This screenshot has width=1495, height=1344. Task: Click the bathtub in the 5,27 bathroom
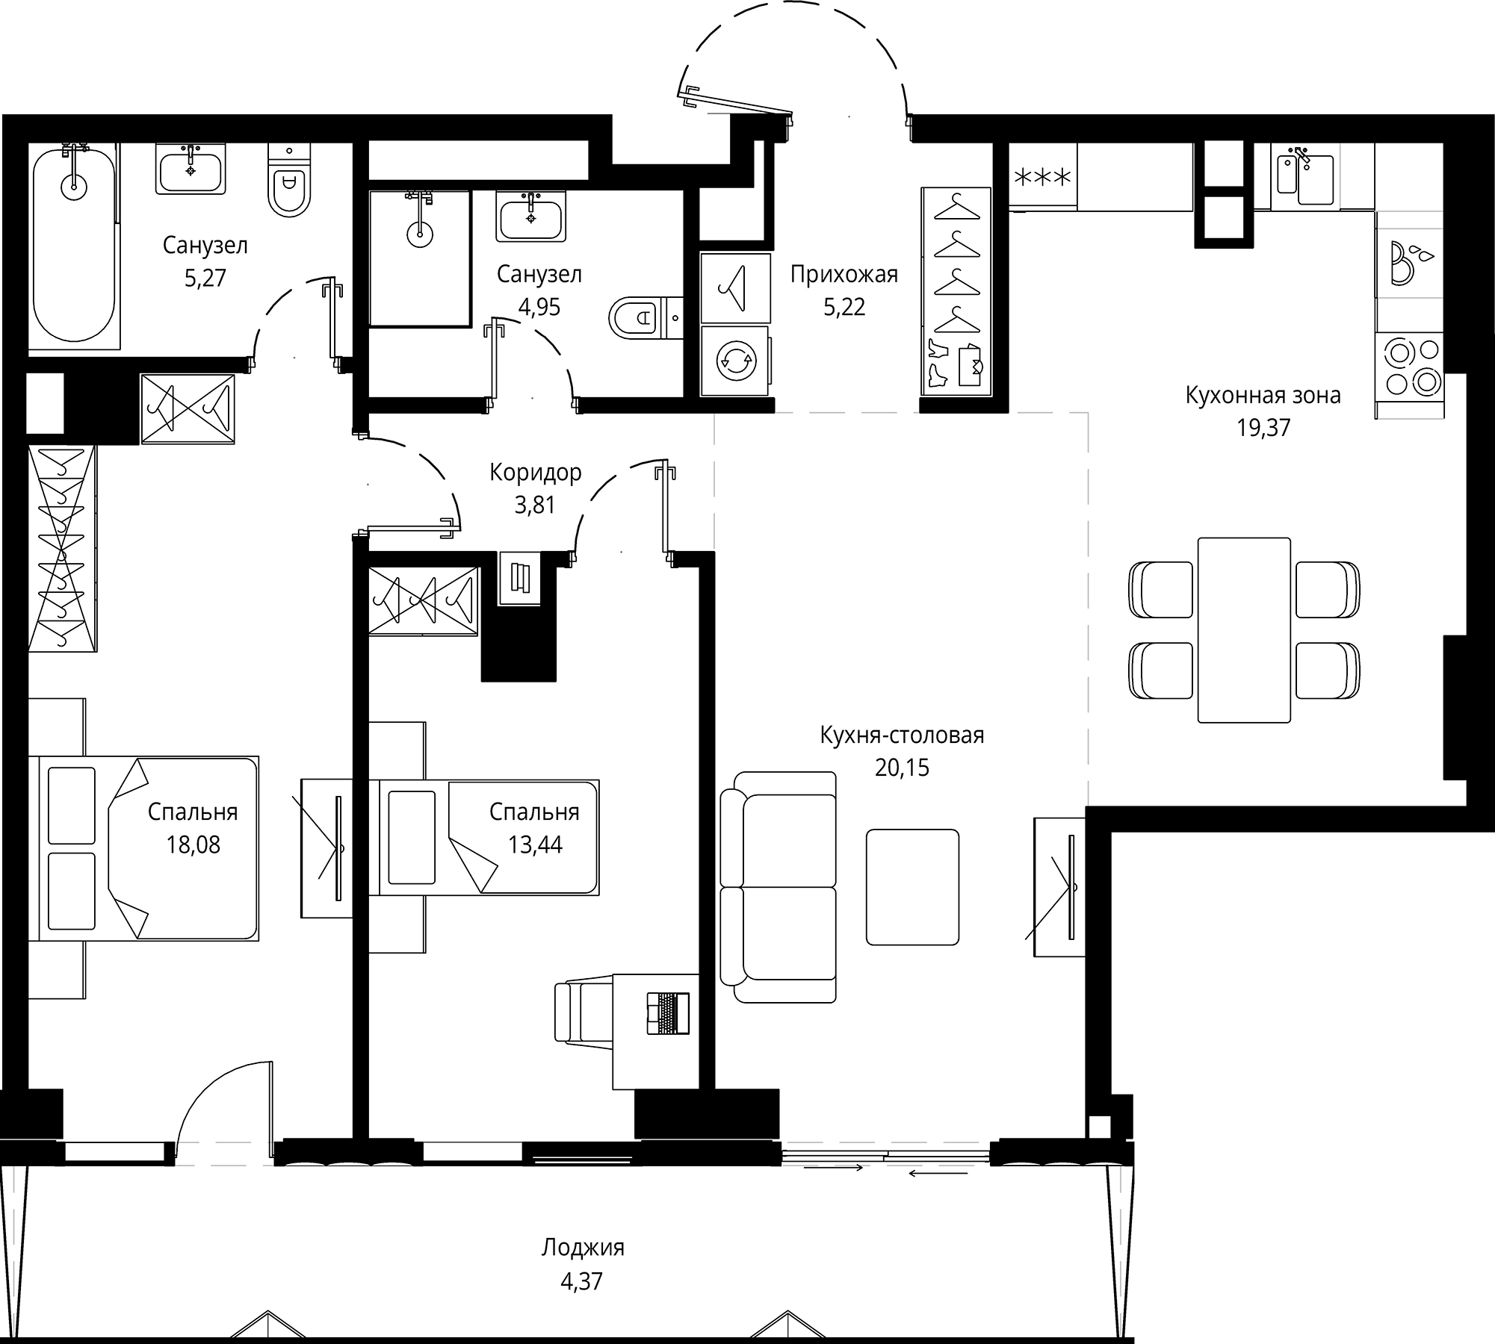pos(73,246)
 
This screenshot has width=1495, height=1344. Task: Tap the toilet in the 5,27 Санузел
pos(288,183)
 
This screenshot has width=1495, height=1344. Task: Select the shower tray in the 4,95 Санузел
pos(420,258)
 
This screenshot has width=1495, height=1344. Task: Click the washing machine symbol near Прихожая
pos(735,361)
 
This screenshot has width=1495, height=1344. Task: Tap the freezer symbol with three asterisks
pos(1041,178)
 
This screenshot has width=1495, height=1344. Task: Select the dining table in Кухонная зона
pos(1244,629)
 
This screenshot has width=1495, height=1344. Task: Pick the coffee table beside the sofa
pos(912,886)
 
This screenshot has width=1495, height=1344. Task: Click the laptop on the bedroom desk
pos(668,1013)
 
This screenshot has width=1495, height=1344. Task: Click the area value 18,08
pos(193,844)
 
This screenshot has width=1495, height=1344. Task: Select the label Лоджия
pos(583,1247)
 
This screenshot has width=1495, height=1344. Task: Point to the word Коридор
pos(535,472)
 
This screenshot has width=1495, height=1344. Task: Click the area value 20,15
pos(902,768)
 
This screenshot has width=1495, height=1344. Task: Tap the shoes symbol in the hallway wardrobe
pos(938,366)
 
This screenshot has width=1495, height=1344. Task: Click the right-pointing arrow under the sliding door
pos(834,1167)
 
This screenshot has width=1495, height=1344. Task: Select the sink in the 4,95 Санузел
pos(530,217)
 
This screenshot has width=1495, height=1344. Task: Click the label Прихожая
pos(844,274)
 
